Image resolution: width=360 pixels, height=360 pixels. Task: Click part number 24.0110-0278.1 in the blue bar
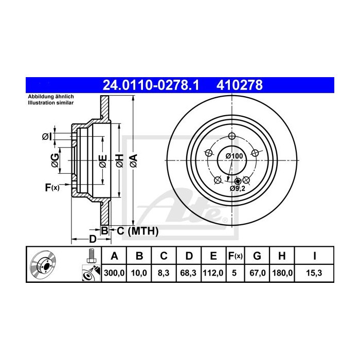(x=151, y=85)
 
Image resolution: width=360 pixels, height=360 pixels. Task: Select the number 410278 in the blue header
(x=240, y=85)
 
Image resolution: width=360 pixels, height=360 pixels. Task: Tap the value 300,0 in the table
(x=114, y=273)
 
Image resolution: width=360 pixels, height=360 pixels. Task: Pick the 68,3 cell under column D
(x=188, y=273)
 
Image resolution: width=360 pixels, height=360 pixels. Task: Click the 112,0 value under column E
(x=213, y=273)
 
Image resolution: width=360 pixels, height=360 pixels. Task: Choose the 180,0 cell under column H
(x=282, y=273)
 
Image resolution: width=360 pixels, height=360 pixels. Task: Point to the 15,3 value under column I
(x=314, y=273)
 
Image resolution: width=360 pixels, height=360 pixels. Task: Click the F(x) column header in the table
(x=236, y=256)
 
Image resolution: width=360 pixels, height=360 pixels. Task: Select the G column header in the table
(x=257, y=256)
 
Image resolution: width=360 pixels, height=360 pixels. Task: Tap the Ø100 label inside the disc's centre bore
(x=234, y=156)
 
